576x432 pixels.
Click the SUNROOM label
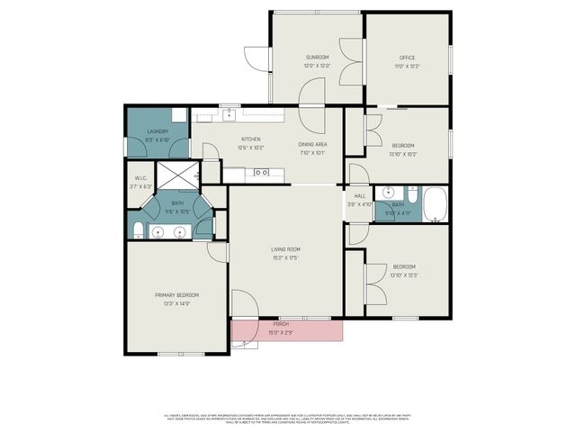[317, 58]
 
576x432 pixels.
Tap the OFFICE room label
[407, 58]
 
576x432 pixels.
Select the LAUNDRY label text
[158, 132]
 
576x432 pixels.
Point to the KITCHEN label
[250, 139]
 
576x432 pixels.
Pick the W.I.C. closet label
[140, 178]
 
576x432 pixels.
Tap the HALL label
[359, 195]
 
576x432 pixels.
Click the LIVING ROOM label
[285, 249]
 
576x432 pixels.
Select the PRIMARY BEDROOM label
[176, 295]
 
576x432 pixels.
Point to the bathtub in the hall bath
[436, 204]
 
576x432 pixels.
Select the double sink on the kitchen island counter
[261, 172]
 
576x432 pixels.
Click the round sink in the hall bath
[388, 192]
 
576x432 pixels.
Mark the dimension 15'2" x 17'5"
[285, 258]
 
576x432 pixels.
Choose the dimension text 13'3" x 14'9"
[176, 304]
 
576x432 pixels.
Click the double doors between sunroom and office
[350, 61]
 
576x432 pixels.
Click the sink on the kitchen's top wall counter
[229, 113]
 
